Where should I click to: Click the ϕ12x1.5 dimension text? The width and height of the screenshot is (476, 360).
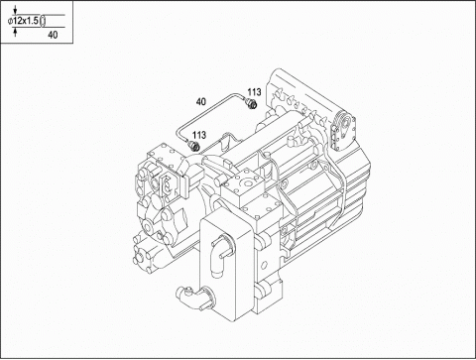point(23,21)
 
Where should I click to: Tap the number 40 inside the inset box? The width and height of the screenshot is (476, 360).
point(53,35)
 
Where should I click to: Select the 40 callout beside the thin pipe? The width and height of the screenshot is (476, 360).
point(200,101)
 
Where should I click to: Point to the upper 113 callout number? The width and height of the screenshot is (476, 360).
point(255,92)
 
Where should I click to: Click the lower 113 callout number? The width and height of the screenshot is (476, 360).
point(199,135)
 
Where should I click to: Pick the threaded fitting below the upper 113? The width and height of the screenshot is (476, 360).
point(252,103)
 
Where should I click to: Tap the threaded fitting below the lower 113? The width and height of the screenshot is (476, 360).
point(193,146)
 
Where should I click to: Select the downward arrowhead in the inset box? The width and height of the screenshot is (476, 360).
point(15,12)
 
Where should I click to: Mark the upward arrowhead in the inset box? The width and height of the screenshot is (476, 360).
point(15,31)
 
